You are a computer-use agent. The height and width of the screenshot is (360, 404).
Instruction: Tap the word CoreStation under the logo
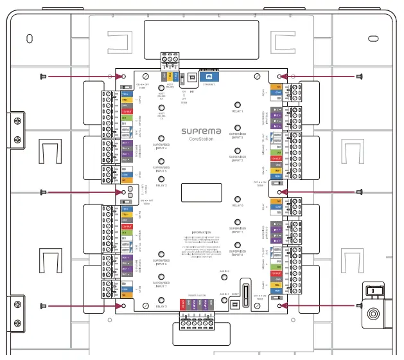pos(201,138)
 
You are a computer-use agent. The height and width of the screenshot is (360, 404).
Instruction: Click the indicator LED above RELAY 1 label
pos(238,104)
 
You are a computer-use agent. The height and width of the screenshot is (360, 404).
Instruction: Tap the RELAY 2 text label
pos(161,185)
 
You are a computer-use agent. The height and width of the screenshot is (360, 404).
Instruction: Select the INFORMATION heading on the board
pos(201,232)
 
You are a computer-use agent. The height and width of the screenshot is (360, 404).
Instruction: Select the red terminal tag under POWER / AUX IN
pos(182,305)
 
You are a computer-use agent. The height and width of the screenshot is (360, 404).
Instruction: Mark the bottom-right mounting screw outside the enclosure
pos(358,306)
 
